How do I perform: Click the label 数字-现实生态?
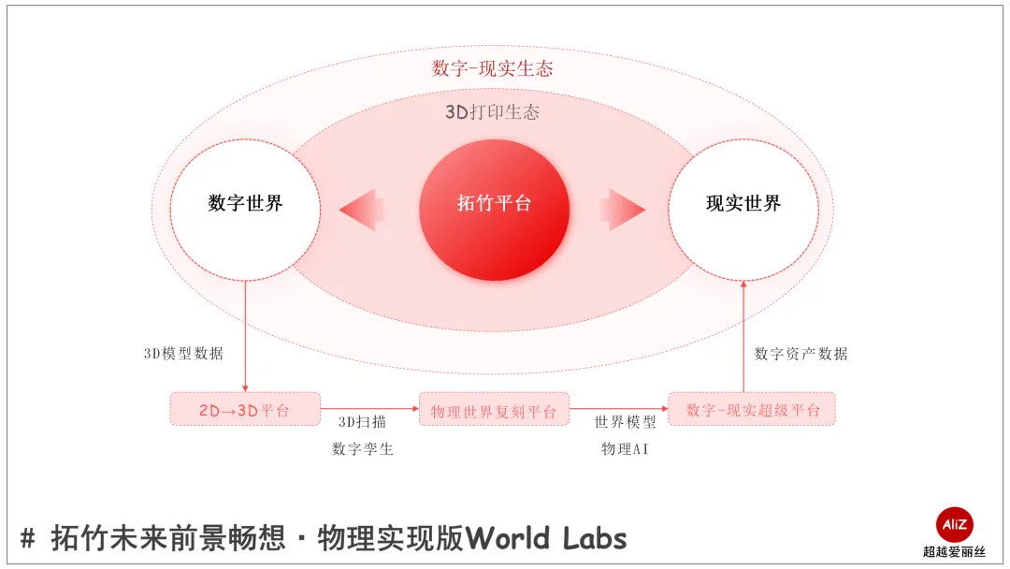pyautogui.click(x=492, y=68)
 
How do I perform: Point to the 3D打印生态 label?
pyautogui.click(x=492, y=112)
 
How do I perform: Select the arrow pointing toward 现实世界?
pyautogui.click(x=623, y=210)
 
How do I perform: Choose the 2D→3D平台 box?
pyautogui.click(x=245, y=410)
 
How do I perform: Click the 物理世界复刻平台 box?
pyautogui.click(x=494, y=410)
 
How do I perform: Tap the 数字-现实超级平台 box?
pyautogui.click(x=752, y=410)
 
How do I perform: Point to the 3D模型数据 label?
pyautogui.click(x=183, y=354)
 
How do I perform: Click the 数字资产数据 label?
pyautogui.click(x=801, y=354)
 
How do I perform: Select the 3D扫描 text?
pyautogui.click(x=362, y=422)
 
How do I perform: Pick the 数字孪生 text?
pyautogui.click(x=363, y=449)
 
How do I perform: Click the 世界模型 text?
pyautogui.click(x=626, y=422)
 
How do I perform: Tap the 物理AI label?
pyautogui.click(x=626, y=449)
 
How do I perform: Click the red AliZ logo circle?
pyautogui.click(x=955, y=524)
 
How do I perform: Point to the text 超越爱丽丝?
pyautogui.click(x=955, y=552)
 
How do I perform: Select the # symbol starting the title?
pyautogui.click(x=28, y=538)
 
